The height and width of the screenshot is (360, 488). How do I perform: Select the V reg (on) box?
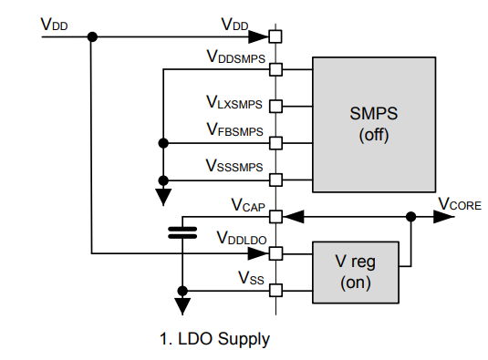point(355,272)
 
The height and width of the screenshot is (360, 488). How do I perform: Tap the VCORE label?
point(460,203)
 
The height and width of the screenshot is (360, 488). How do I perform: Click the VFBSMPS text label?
point(234,130)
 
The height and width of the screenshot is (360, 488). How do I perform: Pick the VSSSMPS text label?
point(234,166)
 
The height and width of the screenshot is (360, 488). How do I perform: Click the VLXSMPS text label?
point(234,94)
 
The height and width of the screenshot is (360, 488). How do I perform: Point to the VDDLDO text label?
point(240,239)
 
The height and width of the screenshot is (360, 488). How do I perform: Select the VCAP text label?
point(245,204)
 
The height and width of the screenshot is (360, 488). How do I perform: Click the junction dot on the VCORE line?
point(411,217)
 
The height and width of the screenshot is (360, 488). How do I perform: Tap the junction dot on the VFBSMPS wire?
point(163,143)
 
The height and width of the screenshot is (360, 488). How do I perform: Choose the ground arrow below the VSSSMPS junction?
point(163,193)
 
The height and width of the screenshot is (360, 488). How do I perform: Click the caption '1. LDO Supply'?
point(214,340)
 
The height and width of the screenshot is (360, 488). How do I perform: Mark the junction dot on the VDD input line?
point(91,37)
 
